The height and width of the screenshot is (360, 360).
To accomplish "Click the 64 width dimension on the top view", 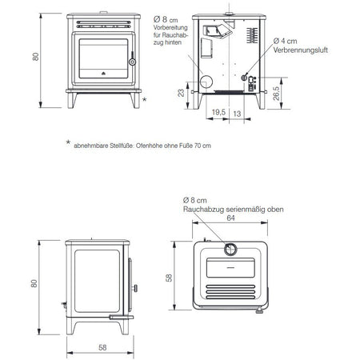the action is point(230,218).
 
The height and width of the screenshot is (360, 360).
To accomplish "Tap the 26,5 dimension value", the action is point(277,94).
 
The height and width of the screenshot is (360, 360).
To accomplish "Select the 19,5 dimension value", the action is point(218,112).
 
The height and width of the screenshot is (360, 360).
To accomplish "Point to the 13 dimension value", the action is point(237,114).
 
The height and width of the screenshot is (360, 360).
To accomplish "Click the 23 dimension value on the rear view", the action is point(181,93).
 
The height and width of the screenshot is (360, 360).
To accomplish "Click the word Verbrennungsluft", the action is point(300,50).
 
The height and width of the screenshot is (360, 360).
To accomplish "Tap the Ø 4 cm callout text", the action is point(285,41).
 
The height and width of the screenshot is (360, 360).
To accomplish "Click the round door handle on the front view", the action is point(132,62).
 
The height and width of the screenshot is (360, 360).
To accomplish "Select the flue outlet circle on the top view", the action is point(230,250).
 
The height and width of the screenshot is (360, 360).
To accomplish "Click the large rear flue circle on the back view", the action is point(206,82).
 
